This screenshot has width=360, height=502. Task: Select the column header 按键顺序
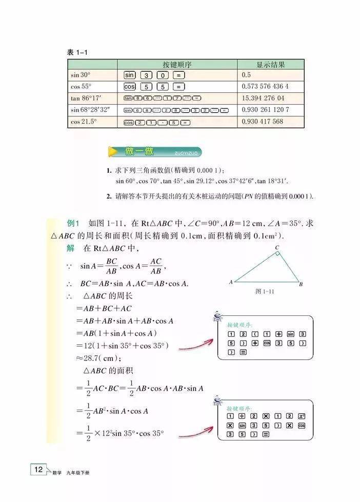click(x=177, y=65)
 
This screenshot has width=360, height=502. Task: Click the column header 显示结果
click(x=270, y=65)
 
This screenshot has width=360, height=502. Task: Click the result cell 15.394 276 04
click(x=263, y=98)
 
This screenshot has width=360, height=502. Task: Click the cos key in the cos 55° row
click(x=130, y=87)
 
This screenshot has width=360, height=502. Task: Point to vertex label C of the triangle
click(x=276, y=248)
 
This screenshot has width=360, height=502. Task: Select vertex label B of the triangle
click(x=301, y=284)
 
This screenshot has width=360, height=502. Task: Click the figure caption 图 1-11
click(x=265, y=291)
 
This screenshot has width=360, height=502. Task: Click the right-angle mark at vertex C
click(x=277, y=255)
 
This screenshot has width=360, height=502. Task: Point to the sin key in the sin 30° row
click(x=130, y=75)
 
